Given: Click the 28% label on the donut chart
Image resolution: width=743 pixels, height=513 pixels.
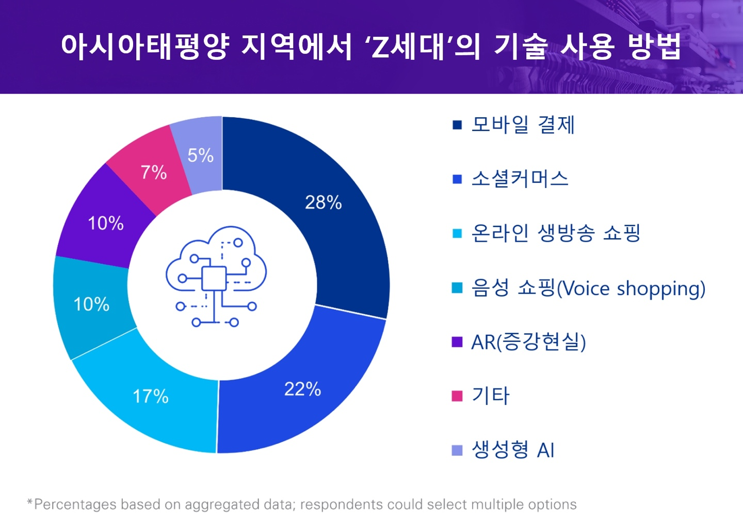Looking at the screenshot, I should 323,203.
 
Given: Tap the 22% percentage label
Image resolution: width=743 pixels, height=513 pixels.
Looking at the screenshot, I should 302,389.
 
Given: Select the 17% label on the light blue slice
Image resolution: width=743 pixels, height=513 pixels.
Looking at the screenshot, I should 151,397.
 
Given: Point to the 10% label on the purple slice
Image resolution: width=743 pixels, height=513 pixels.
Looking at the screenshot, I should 106,223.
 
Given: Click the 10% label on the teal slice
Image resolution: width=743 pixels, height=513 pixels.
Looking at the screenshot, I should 91,304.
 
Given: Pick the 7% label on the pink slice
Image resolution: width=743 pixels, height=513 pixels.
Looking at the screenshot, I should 154,172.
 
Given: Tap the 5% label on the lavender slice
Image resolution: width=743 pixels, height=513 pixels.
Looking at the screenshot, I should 200,155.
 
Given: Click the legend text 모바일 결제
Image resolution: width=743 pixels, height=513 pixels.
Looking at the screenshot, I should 523,125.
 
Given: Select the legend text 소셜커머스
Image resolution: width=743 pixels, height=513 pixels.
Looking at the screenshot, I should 520,179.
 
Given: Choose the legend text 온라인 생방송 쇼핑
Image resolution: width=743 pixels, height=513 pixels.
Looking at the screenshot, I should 556,233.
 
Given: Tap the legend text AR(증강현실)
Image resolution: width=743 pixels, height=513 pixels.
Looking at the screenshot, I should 528,342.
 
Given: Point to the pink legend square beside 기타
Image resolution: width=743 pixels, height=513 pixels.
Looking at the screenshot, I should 457,396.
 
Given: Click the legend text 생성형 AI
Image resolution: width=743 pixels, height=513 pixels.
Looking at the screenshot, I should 513,450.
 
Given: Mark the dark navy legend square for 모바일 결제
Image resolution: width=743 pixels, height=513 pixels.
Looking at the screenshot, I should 457,125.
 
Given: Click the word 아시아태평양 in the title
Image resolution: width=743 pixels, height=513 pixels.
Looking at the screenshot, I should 145,46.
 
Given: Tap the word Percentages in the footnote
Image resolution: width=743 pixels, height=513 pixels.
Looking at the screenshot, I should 75,504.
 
